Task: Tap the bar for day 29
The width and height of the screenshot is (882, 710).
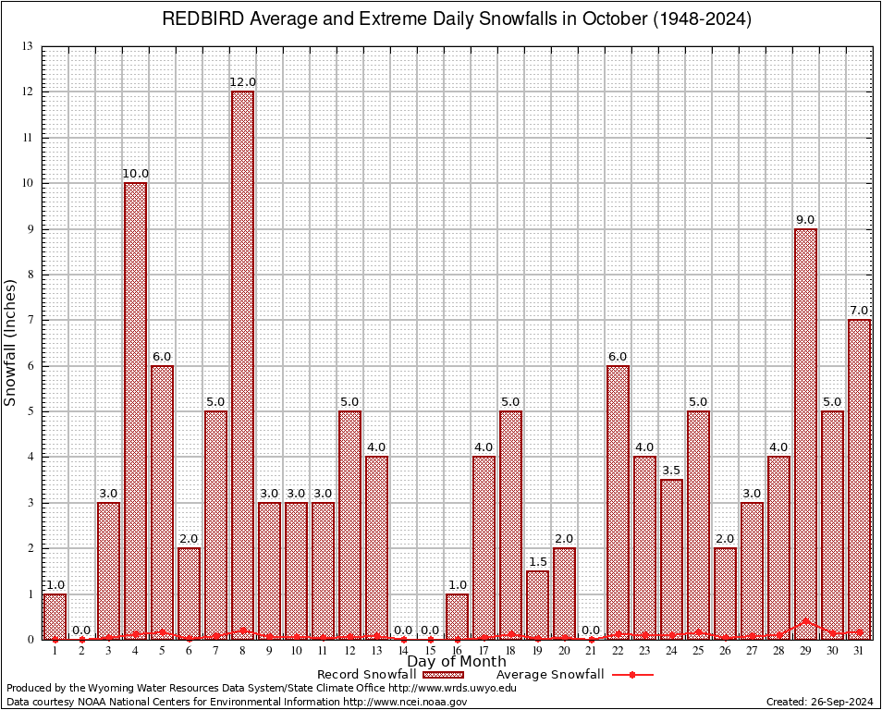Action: pyautogui.click(x=805, y=434)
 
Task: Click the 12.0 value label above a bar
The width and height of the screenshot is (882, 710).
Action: pyautogui.click(x=242, y=82)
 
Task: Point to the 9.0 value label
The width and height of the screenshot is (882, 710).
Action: pyautogui.click(x=805, y=219)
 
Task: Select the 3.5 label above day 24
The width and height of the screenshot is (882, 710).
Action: pyautogui.click(x=671, y=471)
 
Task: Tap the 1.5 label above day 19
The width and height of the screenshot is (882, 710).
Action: pyautogui.click(x=537, y=562)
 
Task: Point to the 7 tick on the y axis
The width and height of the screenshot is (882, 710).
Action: pyautogui.click(x=30, y=320)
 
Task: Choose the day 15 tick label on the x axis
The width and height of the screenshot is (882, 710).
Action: pyautogui.click(x=430, y=652)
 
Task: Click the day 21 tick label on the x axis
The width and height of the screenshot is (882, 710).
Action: pyautogui.click(x=591, y=652)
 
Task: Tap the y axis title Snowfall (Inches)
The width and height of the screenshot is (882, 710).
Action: pyautogui.click(x=11, y=342)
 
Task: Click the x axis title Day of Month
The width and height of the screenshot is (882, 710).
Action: pyautogui.click(x=456, y=662)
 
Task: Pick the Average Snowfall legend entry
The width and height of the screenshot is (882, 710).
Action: pyautogui.click(x=550, y=675)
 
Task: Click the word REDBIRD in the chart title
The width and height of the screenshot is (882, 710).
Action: pyautogui.click(x=200, y=19)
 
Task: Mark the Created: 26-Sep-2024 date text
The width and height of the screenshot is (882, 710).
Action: pyautogui.click(x=819, y=702)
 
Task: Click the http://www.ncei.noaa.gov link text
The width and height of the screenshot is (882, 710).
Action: pyautogui.click(x=405, y=702)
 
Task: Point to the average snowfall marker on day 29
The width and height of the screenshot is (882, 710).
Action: pyautogui.click(x=805, y=621)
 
